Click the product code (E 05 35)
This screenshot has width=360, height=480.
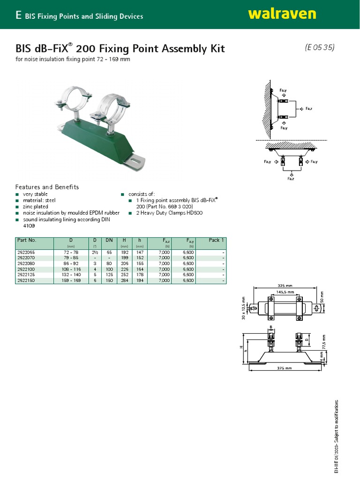(319, 47)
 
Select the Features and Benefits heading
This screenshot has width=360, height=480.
(47, 187)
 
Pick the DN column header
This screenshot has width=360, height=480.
(109, 240)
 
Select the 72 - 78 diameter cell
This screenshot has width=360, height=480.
(71, 252)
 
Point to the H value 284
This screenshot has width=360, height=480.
(124, 280)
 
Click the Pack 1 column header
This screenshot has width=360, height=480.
(216, 240)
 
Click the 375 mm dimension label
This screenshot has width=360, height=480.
(285, 368)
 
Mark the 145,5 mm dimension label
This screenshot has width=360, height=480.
(285, 292)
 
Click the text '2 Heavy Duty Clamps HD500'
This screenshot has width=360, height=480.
(158, 212)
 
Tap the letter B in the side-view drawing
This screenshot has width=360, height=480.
(271, 328)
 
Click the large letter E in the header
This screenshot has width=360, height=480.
(18, 15)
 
